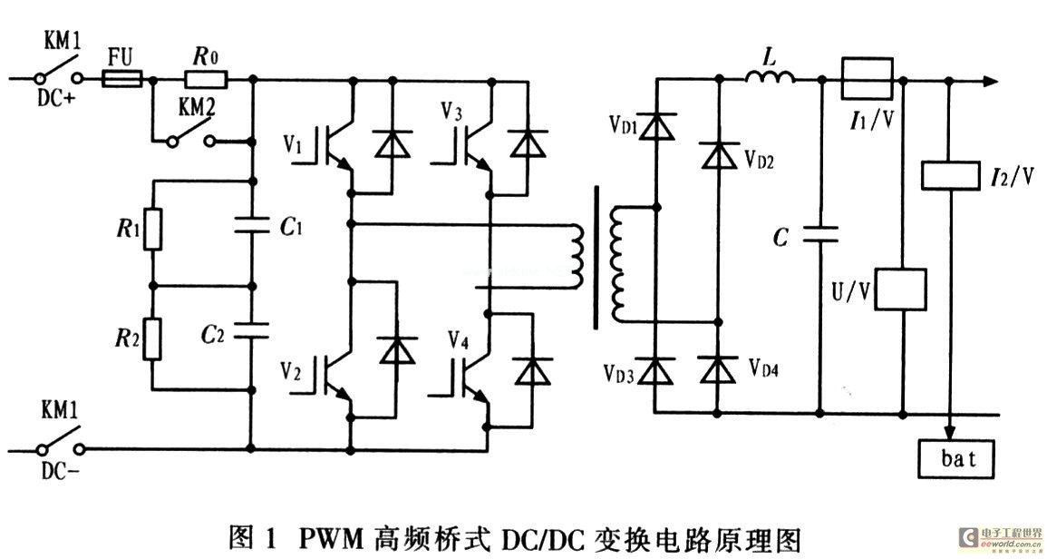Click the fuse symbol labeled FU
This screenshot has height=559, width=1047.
[121, 81]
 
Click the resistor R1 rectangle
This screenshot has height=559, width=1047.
[152, 230]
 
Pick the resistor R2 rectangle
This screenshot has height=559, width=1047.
[152, 338]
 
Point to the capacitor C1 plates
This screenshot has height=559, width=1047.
[251, 225]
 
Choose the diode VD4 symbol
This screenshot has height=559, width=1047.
[719, 369]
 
